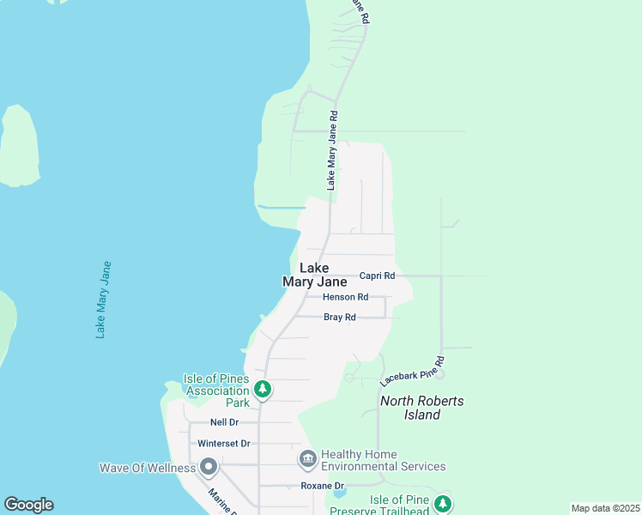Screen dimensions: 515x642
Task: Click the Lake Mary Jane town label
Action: point(314,275)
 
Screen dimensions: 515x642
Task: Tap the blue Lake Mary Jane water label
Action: point(104,300)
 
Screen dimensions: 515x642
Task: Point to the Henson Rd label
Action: point(345,297)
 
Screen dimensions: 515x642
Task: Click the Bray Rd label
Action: point(339,318)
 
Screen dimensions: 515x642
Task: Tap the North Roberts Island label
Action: point(422,408)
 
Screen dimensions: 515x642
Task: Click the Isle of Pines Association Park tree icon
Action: point(263,389)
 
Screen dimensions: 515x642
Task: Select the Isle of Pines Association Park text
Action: point(216,391)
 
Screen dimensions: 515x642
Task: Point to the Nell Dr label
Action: point(224,422)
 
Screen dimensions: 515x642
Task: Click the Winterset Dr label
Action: point(223,444)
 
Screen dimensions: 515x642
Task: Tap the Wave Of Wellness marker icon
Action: point(209,468)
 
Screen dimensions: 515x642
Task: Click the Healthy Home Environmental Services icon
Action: point(308,460)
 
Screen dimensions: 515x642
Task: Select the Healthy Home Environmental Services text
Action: point(384,460)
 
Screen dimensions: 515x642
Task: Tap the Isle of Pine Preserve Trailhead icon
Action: point(443,504)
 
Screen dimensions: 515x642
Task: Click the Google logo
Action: point(28,505)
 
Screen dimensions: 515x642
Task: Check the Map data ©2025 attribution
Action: point(605,508)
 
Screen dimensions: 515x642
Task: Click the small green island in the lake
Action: point(20,146)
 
